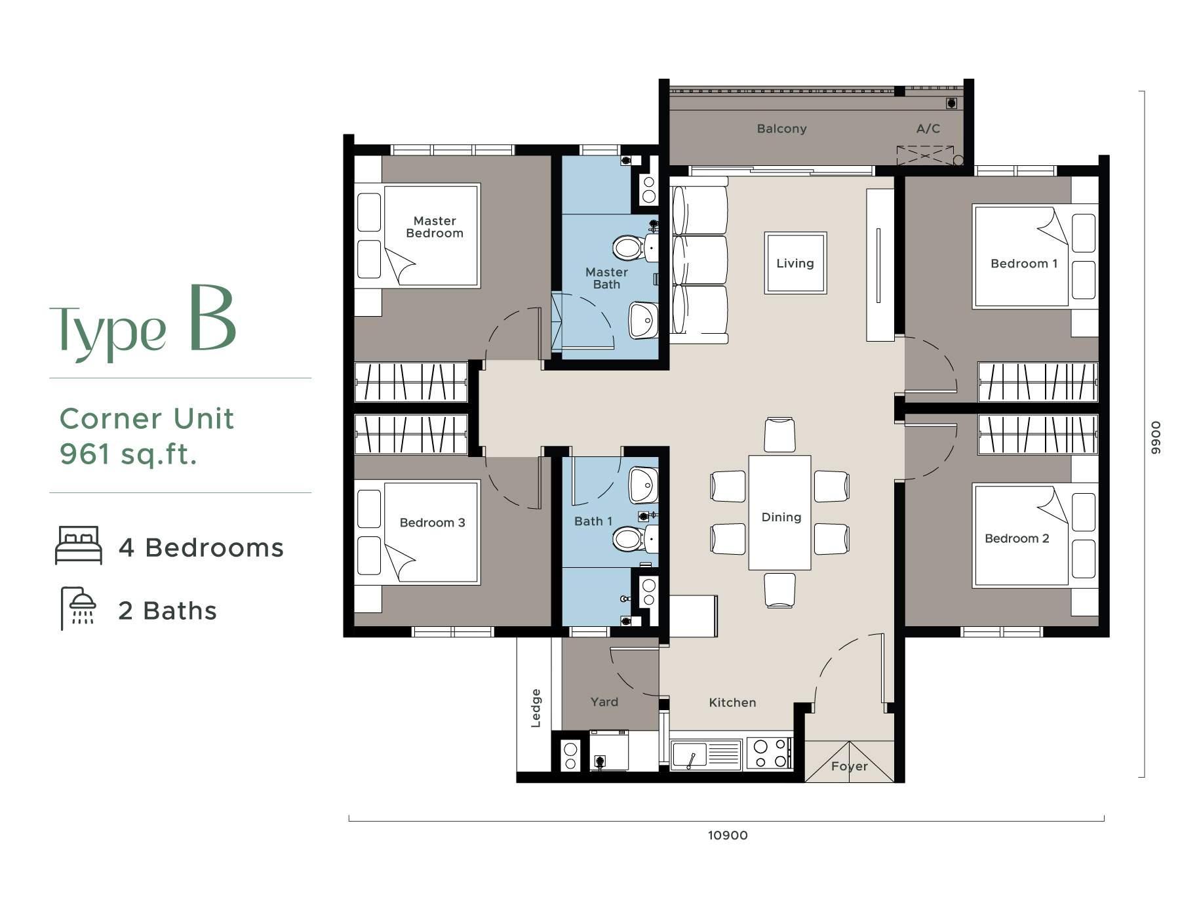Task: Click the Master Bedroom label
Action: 435,227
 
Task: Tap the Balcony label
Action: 781,129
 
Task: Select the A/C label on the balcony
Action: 928,129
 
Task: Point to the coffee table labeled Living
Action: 795,263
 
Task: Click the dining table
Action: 780,513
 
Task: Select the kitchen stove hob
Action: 770,753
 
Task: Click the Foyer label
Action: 849,767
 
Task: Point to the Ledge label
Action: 536,708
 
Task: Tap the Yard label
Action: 604,702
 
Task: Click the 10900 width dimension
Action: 728,835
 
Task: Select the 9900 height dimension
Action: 1156,438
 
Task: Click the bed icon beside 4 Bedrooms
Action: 79,545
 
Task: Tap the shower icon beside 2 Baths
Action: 79,609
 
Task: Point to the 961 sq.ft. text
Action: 128,454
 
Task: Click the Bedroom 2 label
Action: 1017,538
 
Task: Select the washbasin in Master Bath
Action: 644,320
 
